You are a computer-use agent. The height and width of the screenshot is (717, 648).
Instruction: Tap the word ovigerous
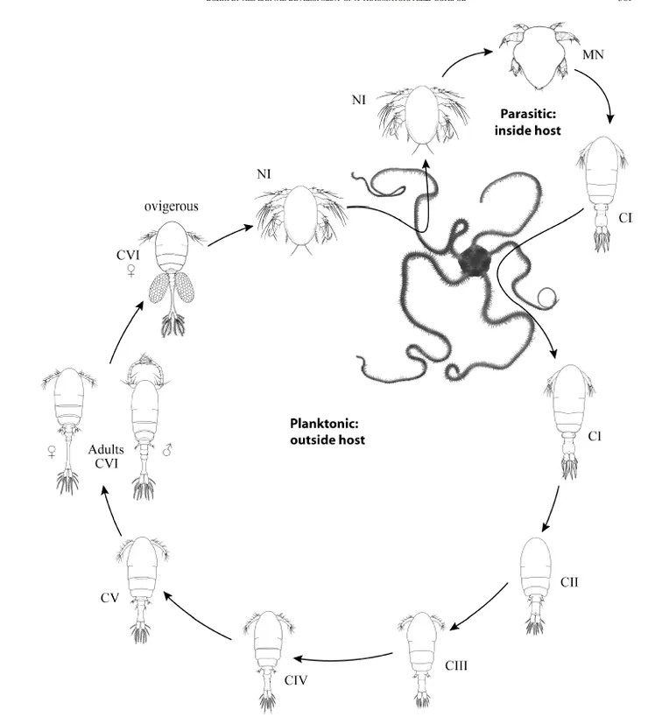pyautogui.click(x=171, y=207)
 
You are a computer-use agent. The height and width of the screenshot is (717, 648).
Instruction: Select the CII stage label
pyautogui.click(x=570, y=581)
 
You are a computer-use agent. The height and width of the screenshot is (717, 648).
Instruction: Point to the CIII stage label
pyautogui.click(x=456, y=665)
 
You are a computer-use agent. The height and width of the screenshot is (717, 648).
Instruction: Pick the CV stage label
pyautogui.click(x=109, y=598)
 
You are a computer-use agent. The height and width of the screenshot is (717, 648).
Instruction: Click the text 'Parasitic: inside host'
pyautogui.click(x=530, y=121)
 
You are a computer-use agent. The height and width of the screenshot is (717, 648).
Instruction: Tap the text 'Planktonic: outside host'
pyautogui.click(x=328, y=432)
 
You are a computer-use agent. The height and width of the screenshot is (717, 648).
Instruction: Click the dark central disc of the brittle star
pyautogui.click(x=476, y=258)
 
